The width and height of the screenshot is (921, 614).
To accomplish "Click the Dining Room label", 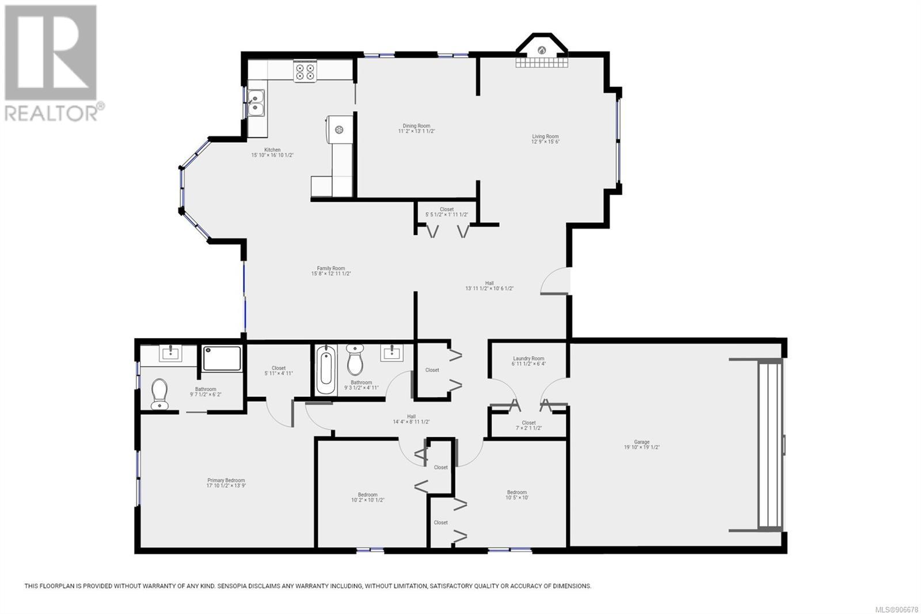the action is (416, 126).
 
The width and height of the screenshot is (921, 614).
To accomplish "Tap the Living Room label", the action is (545, 136).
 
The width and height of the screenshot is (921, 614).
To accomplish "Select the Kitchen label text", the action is (272, 150).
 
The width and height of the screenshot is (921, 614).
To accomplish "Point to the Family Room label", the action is (331, 268).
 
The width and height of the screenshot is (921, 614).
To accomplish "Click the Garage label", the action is (642, 442).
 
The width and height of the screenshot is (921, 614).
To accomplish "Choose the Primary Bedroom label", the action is (226, 480).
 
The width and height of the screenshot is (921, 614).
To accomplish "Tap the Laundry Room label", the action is (528, 358).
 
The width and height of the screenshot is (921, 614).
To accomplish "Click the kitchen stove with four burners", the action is (305, 71).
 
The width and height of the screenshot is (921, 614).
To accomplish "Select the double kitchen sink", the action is (256, 103).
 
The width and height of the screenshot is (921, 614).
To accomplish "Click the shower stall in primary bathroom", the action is (222, 358).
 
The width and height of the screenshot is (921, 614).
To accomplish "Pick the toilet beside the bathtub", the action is (355, 359).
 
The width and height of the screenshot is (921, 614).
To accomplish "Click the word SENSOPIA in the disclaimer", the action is (234, 586).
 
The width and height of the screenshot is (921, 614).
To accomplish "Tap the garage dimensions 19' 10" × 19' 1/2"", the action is (642, 448).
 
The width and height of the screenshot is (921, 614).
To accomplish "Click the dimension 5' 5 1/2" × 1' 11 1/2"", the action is (447, 215).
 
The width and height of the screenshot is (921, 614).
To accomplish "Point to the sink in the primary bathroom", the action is (170, 353).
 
